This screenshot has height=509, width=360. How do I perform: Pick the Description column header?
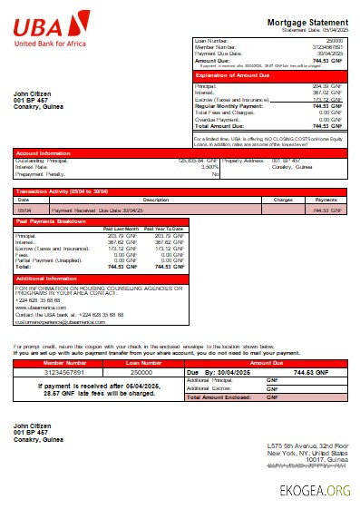[x=156, y=199]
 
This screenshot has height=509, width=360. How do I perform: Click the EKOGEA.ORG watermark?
[x=316, y=491]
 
